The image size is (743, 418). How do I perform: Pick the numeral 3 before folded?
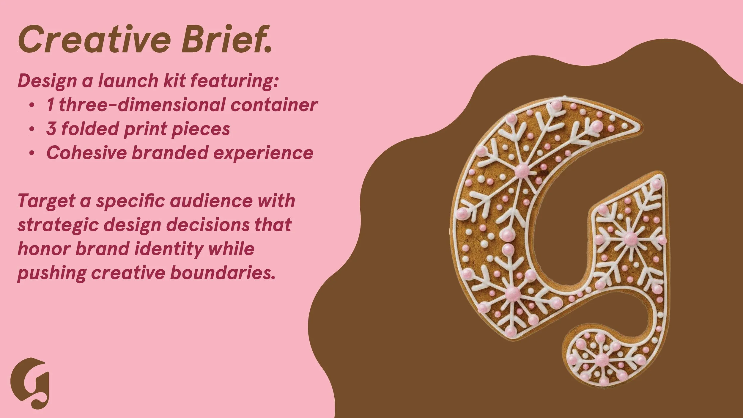51,129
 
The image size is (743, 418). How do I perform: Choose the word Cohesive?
85,153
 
